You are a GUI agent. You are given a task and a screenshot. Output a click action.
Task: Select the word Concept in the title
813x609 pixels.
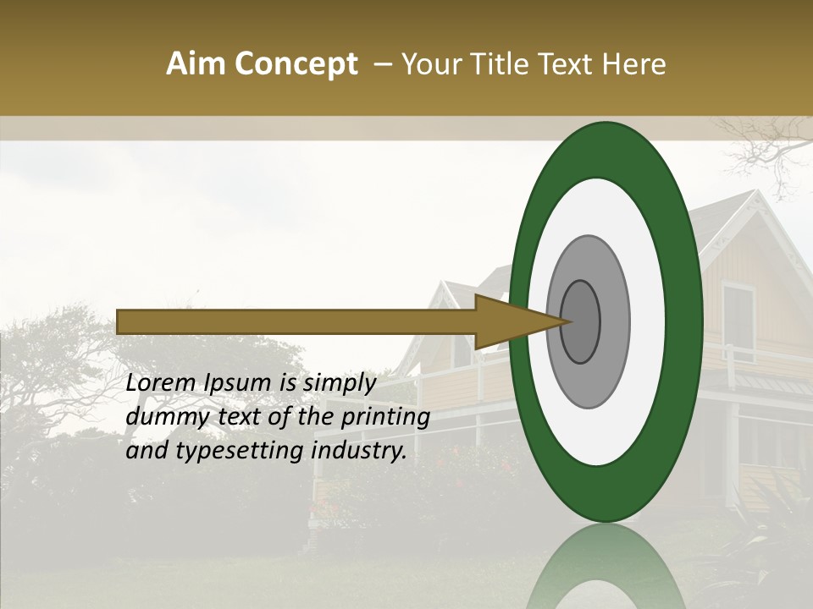tap(296, 64)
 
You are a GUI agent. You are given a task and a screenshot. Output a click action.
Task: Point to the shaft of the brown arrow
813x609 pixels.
tap(296, 321)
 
